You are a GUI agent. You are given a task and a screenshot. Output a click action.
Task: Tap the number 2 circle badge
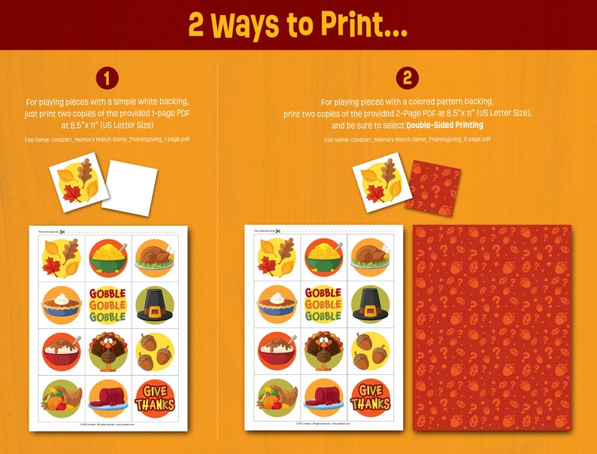(407, 78)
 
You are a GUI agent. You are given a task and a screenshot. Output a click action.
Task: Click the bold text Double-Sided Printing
(444, 125)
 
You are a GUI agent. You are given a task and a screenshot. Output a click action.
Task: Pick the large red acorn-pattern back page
(492, 328)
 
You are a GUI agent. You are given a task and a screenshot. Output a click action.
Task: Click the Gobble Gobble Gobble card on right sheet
(324, 303)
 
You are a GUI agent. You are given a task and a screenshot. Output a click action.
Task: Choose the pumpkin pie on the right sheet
(277, 303)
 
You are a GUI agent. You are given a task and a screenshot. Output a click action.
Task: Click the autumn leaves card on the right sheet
(277, 256)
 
